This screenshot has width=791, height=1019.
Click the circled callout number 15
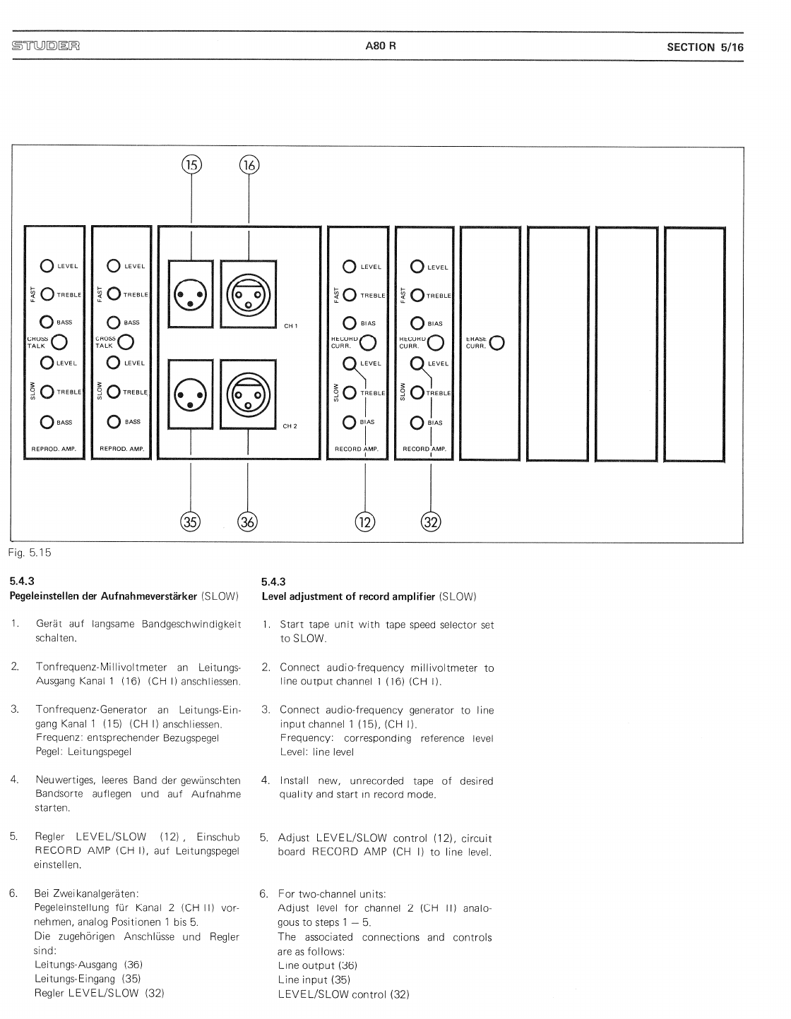(191, 165)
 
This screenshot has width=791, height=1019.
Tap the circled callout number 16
(249, 165)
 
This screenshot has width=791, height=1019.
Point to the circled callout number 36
(248, 522)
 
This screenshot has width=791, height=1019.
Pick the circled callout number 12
(365, 522)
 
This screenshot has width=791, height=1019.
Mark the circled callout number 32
(431, 522)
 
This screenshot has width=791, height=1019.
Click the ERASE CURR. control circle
(497, 343)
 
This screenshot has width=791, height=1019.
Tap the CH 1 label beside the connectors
(290, 326)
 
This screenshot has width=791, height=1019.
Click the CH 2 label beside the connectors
(290, 426)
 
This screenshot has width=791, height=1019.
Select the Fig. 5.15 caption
(30, 553)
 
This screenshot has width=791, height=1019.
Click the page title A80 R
(381, 47)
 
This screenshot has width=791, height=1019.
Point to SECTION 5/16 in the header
(705, 47)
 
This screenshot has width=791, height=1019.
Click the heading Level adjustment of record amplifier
(348, 596)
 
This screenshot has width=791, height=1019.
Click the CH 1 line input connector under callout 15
(191, 294)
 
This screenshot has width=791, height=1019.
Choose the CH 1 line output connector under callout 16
(249, 294)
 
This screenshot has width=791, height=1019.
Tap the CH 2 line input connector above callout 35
(191, 394)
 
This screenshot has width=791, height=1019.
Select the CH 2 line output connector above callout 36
(248, 394)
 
